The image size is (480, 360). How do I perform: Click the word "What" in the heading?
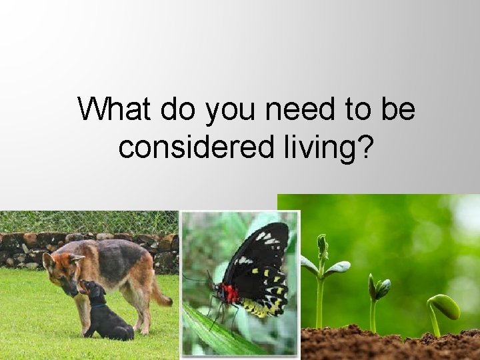click(x=113, y=109)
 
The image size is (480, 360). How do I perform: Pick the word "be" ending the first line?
click(x=397, y=109)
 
